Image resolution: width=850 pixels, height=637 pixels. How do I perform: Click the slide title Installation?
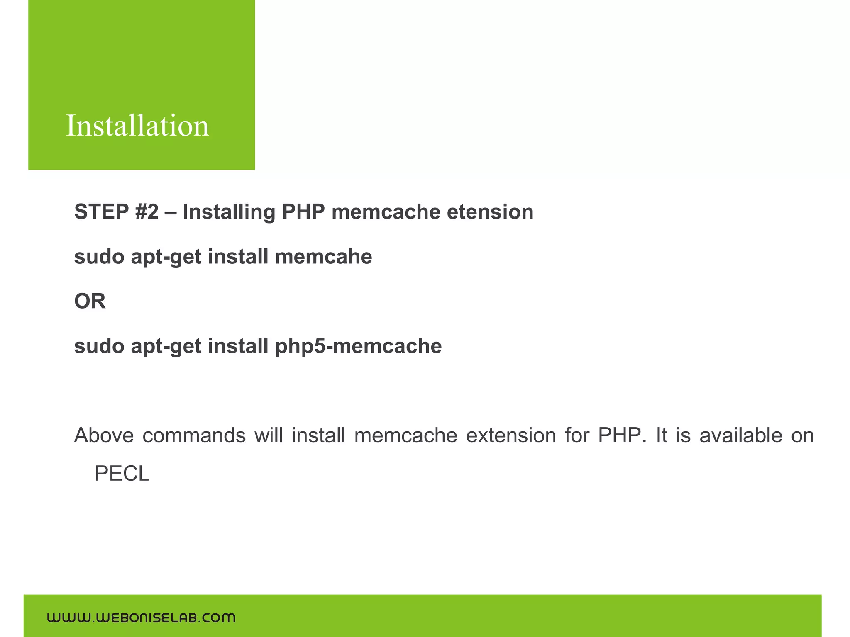[x=137, y=126]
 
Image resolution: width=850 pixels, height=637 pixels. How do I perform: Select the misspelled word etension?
[x=490, y=212]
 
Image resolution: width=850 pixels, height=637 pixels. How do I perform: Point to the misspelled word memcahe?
[x=323, y=257]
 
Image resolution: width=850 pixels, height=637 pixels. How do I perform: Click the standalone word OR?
[x=90, y=301]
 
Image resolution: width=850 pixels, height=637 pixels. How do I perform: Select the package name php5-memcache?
[x=358, y=346]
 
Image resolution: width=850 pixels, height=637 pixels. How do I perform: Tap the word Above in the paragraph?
[x=104, y=435]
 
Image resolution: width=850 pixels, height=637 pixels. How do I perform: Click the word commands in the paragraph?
[x=194, y=435]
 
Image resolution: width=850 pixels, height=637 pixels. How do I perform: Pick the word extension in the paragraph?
[x=510, y=435]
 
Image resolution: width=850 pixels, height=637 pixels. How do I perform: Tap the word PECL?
[x=122, y=474]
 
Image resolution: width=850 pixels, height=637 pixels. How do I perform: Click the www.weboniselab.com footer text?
[x=141, y=618]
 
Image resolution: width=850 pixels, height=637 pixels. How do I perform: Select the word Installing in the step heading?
[x=229, y=212]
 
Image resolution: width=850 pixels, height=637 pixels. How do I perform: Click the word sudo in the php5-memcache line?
[x=99, y=346]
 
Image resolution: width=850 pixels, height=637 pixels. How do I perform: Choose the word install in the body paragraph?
[x=318, y=435]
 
